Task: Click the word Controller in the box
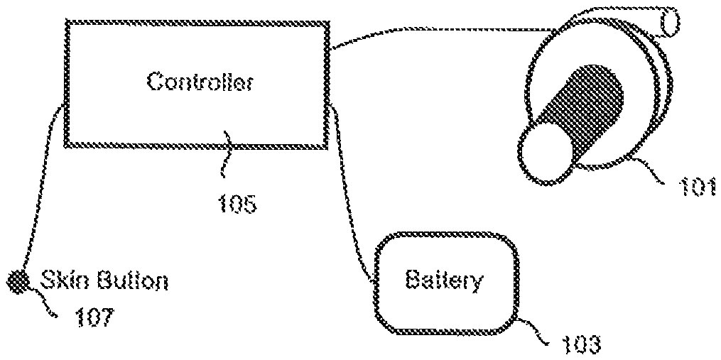[x=200, y=82]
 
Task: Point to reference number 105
[x=234, y=204]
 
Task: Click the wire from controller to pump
[x=426, y=30]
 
